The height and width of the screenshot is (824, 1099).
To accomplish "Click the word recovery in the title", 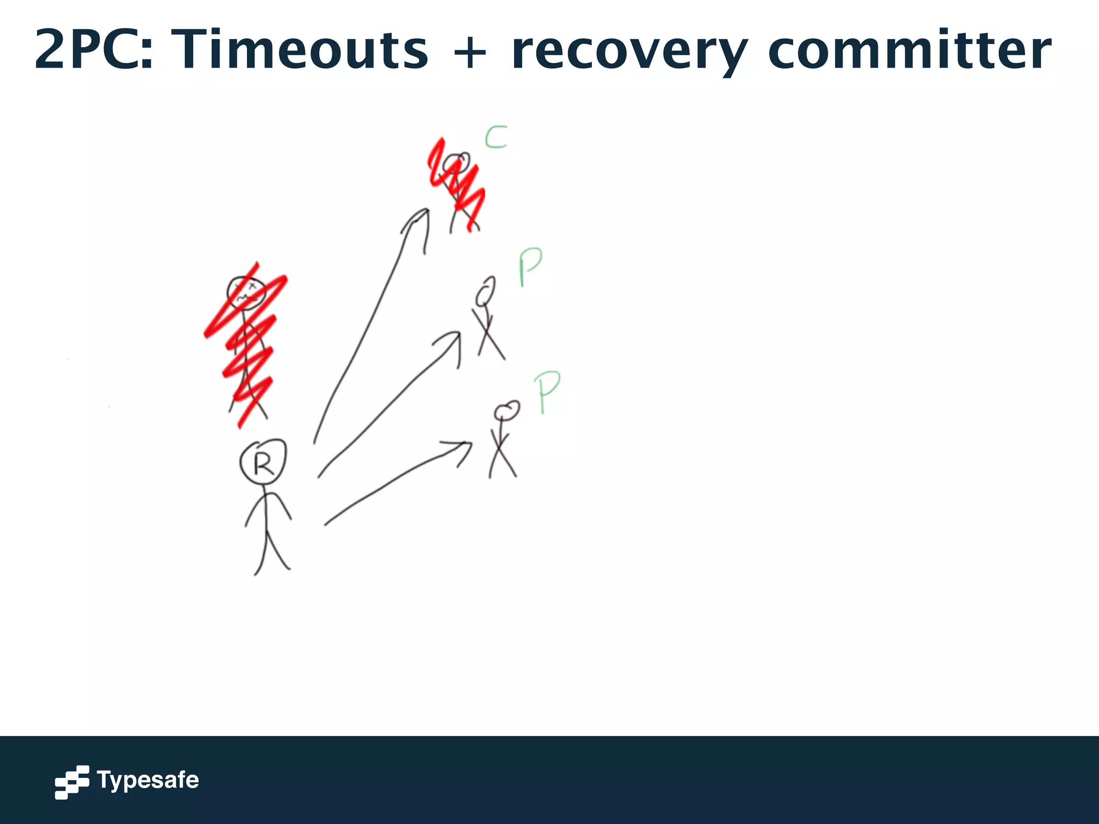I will pos(629,50).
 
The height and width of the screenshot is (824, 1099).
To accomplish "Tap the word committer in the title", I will pos(909,49).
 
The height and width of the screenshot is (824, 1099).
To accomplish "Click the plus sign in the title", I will pos(470,53).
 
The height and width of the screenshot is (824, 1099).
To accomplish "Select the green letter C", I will pos(496,137).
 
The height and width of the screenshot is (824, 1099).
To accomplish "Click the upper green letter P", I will pos(530,266).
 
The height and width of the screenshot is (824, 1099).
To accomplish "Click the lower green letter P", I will pos(547,391).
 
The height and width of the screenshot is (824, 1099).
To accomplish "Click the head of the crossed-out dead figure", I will pos(246,293).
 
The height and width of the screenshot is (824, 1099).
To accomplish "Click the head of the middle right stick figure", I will pos(485,292).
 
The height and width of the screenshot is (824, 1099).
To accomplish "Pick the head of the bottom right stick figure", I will pos(507,411).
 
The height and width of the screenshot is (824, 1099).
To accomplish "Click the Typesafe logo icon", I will pos(72,782).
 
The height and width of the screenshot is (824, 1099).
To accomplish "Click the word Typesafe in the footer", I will pos(148,780).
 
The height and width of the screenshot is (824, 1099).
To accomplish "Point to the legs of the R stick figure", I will pos(272,553).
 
